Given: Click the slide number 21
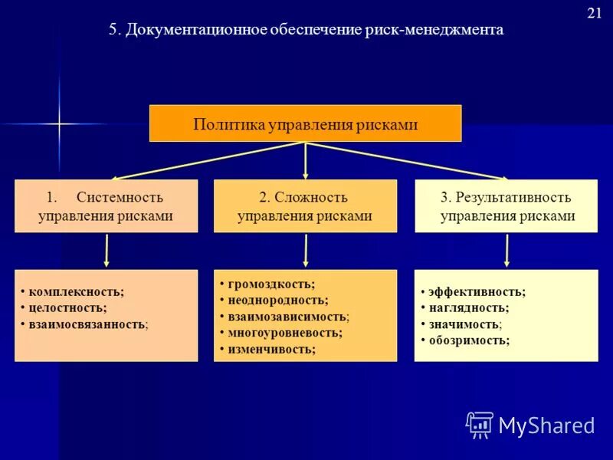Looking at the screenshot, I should pos(594,12).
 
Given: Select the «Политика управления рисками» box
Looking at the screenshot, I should pos(305,124).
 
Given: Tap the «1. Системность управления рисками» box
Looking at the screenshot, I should pos(106,206).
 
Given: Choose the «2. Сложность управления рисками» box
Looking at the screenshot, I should pos(305,206).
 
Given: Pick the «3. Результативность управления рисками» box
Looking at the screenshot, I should pos(506,206).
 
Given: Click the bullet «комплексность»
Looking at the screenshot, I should pos(76,291).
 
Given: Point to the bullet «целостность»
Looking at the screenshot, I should pos(68,307).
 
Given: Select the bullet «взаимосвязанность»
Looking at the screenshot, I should pos(87,324).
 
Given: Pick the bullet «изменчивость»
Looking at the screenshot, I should pos(271,349).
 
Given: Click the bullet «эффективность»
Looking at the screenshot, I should pos(477,291).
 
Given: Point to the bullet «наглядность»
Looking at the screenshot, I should pos(469,307).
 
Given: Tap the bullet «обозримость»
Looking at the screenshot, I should pos(469,340).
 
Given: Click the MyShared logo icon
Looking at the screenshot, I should pos(480,425).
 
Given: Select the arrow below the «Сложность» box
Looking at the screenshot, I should pos(306,251).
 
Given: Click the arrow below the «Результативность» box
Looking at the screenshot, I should pos(506,251).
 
